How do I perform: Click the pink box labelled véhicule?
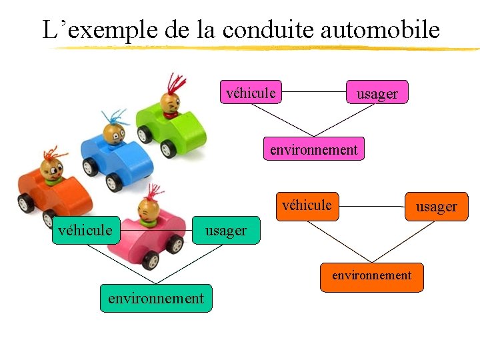(x=250, y=93)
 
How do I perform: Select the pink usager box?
(x=377, y=93)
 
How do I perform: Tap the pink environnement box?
(x=313, y=149)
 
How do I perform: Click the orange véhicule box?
(x=307, y=205)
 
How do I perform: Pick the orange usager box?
(x=436, y=207)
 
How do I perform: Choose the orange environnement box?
(x=371, y=275)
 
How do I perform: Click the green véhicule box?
(x=85, y=230)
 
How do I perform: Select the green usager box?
(x=226, y=231)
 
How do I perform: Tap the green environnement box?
(x=156, y=298)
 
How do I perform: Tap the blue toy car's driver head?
(x=113, y=133)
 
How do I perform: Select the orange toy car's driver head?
(x=51, y=168)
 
